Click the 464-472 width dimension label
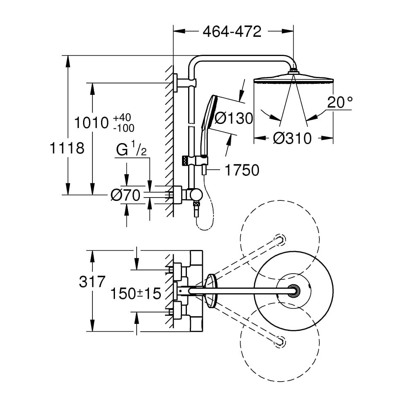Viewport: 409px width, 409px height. pyautogui.click(x=232, y=32)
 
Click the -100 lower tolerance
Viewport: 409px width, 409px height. pyautogui.click(x=123, y=128)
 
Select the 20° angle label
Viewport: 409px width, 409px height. pyautogui.click(x=339, y=102)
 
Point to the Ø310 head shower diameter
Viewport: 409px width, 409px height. pyautogui.click(x=292, y=138)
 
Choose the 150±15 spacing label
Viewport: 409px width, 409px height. pyautogui.click(x=136, y=293)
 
